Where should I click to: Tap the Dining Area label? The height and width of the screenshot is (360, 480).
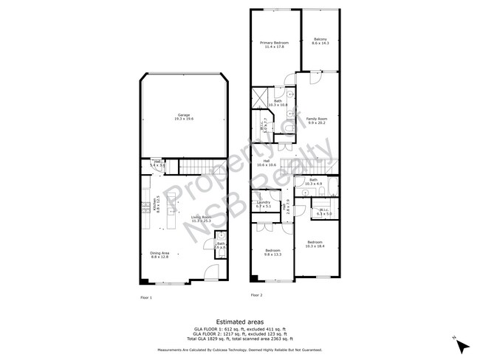point(160,255)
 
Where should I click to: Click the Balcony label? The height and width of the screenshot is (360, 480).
point(320,42)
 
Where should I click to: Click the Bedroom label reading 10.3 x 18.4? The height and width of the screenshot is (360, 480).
point(315,243)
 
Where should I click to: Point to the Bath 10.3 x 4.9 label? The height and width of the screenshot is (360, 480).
point(313,181)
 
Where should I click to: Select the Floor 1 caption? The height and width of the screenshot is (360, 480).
point(146,297)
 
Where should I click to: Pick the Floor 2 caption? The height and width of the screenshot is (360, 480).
point(256,295)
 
